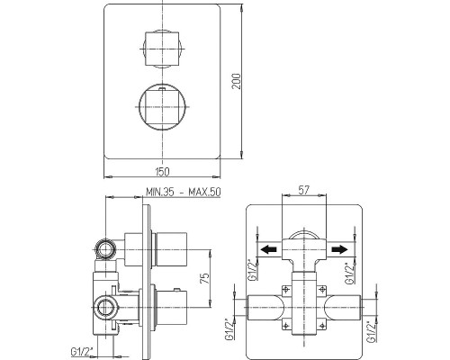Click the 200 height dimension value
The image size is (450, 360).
(x=237, y=81)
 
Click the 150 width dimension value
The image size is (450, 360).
(x=162, y=172)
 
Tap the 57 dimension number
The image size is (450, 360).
(x=303, y=190)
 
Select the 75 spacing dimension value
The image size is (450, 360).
(x=204, y=278)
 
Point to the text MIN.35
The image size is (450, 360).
(x=160, y=192)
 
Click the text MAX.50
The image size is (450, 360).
(x=204, y=192)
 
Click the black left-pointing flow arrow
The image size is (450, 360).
(x=268, y=249)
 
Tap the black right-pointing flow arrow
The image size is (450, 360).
(x=339, y=249)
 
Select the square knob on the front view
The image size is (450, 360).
(x=162, y=49)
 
